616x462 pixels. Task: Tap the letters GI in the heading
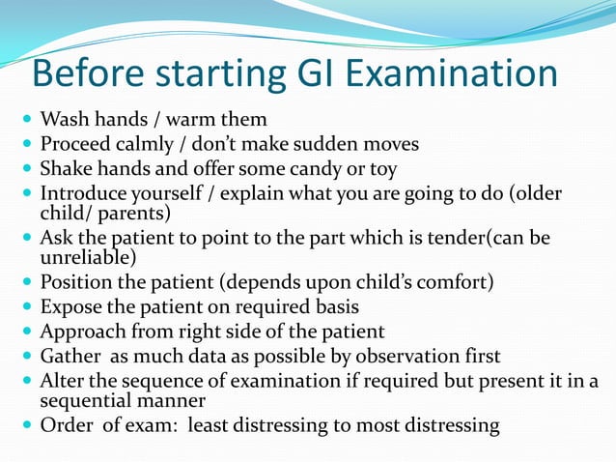[x=305, y=75]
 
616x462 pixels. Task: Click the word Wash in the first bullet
[x=61, y=123]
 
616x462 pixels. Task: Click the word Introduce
[x=80, y=193]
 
